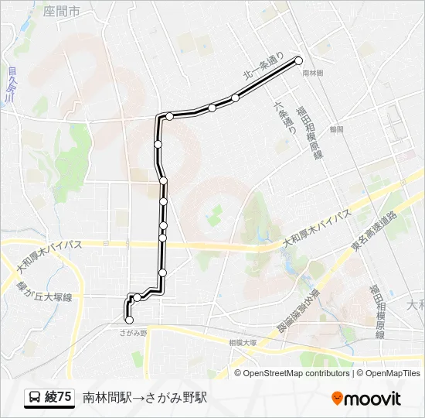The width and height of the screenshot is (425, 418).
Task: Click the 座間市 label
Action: (x=62, y=12)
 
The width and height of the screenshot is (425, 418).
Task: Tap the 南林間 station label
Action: (x=313, y=72)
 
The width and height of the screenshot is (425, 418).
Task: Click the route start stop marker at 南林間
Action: (x=299, y=60)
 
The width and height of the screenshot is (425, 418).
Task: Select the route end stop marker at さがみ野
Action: (x=129, y=320)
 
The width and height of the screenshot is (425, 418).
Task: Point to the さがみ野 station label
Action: (x=134, y=332)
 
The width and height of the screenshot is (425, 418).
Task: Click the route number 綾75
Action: (x=59, y=398)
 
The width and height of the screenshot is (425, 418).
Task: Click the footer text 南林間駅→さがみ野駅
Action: (x=145, y=398)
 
